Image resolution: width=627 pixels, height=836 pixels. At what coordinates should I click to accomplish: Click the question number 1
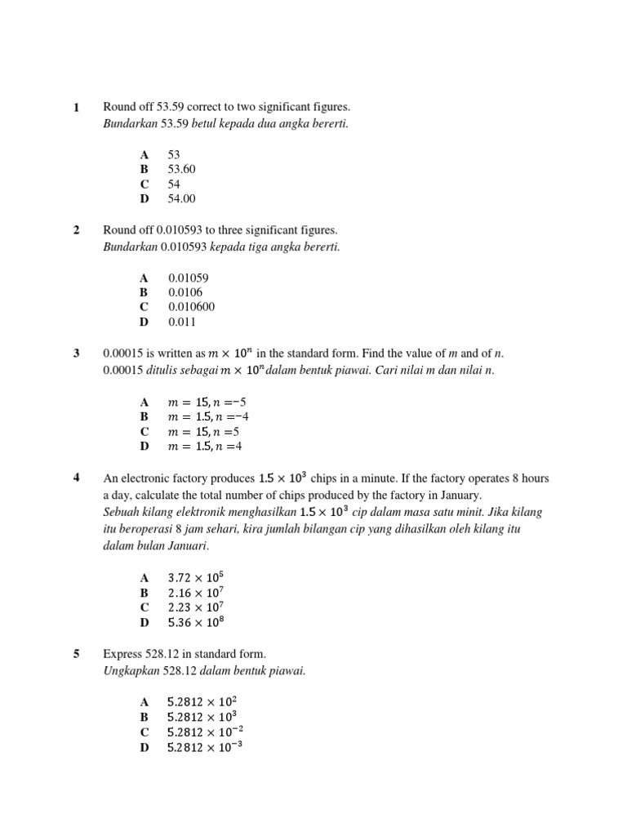pos(77,107)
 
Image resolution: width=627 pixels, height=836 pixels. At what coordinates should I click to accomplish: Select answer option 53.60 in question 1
pos(182,169)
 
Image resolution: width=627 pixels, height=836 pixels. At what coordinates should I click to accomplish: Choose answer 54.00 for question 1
pos(182,198)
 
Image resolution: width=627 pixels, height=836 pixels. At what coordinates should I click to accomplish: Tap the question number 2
pos(77,230)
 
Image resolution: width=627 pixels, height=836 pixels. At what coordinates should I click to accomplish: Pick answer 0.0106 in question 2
pos(185,292)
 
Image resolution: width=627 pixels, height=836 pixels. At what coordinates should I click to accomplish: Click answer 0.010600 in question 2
pos(192,307)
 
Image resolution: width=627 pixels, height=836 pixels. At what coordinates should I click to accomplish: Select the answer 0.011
pos(182,322)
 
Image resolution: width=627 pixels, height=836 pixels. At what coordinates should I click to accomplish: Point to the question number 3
pos(77,354)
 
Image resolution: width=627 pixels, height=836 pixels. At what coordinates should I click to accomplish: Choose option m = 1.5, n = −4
pos(207,416)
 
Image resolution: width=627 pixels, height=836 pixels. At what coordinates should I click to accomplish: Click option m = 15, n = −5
pos(207,402)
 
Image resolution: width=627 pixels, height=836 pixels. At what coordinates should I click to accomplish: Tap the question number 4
pos(77,478)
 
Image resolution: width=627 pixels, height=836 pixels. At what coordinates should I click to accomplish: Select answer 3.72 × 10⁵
pos(195,578)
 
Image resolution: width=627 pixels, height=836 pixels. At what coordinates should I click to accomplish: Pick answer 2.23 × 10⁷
pos(195,607)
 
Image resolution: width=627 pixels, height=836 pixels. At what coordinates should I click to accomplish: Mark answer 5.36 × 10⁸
pos(195,622)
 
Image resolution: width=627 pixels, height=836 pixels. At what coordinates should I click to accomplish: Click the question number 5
pos(77,654)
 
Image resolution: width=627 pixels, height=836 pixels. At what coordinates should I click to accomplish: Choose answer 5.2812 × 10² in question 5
pos(202,701)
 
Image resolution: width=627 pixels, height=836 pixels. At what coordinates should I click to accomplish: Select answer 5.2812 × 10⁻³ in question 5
pos(205,747)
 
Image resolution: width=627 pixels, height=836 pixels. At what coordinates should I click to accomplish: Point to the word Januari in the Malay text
pos(188,545)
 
